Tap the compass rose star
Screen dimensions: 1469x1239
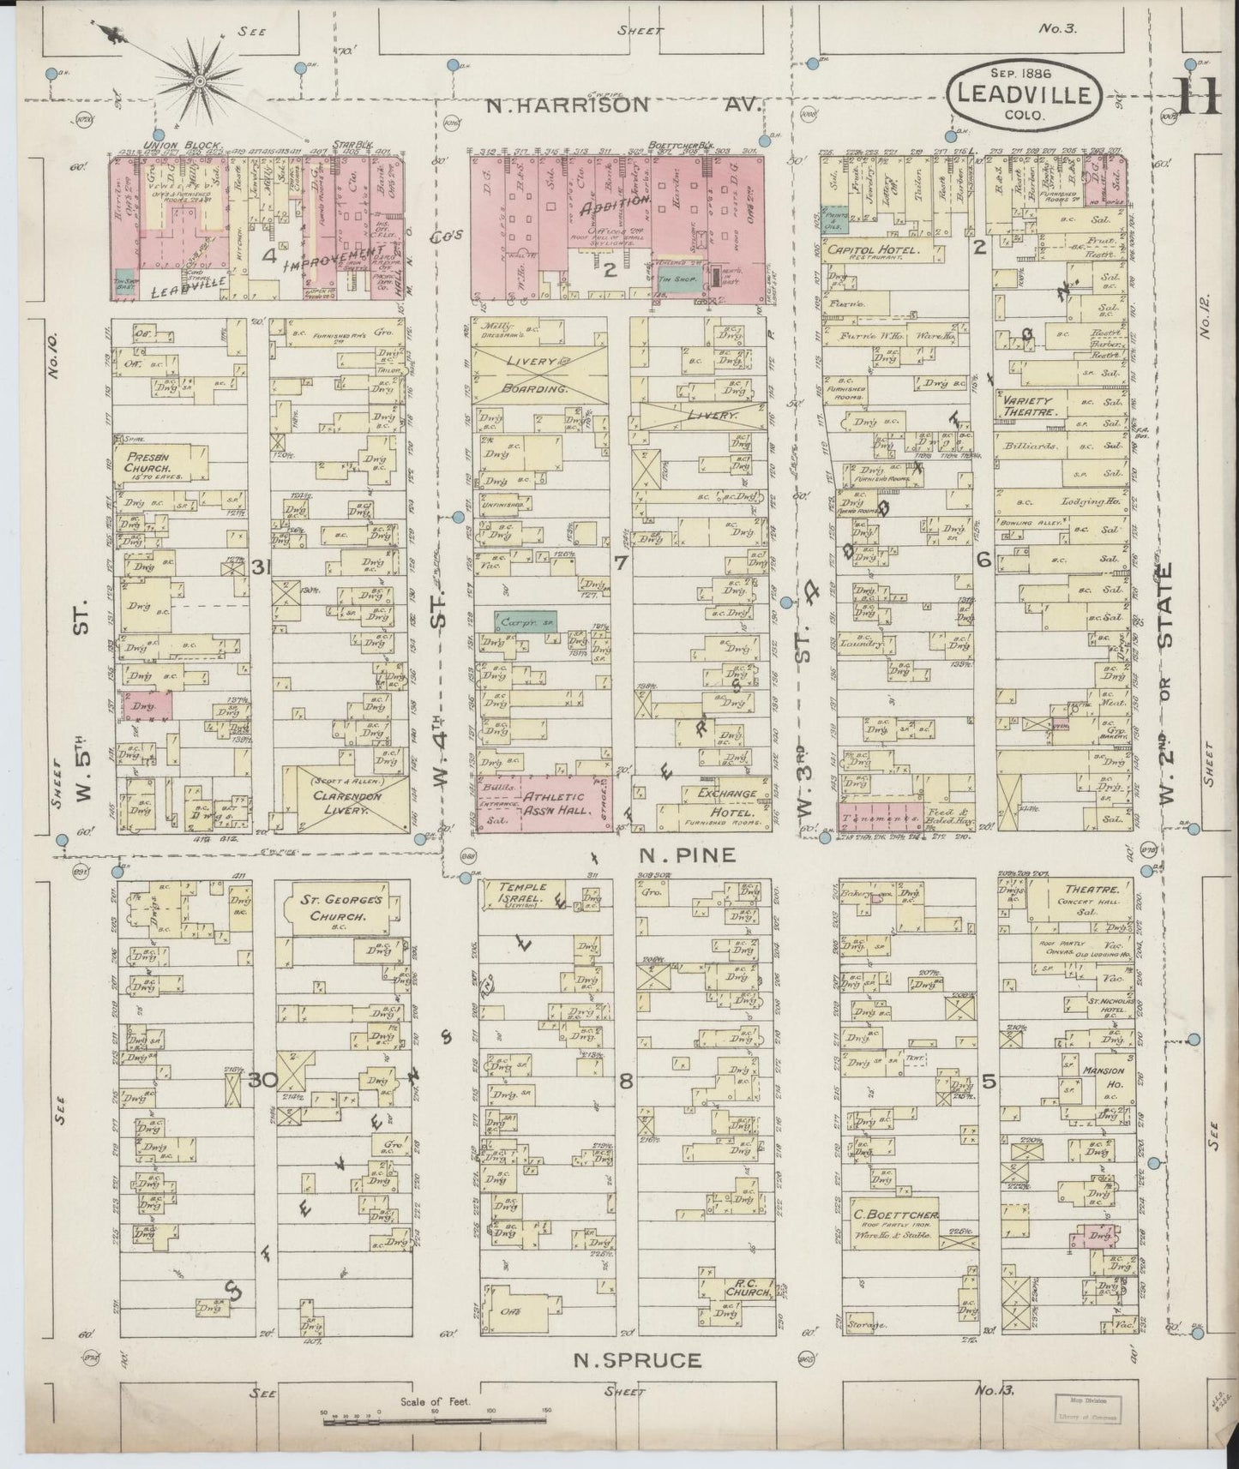(x=200, y=82)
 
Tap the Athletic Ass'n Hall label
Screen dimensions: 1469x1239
(x=553, y=801)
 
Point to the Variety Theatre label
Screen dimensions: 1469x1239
(x=1025, y=406)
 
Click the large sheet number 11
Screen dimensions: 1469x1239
(x=1198, y=96)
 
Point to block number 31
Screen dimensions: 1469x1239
(x=262, y=567)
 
